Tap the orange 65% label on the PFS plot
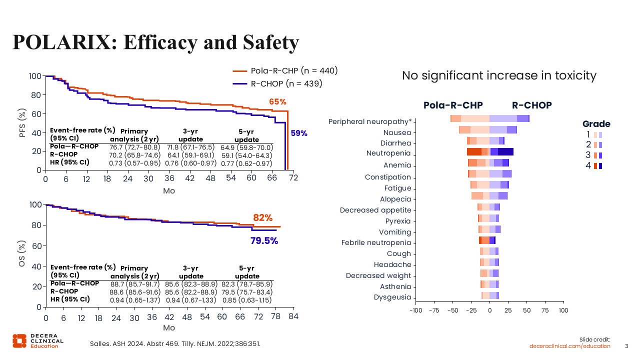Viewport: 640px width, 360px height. [277, 102]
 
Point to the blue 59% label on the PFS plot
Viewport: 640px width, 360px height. [299, 133]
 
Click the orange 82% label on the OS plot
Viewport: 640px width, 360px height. [262, 218]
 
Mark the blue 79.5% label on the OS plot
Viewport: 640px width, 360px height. [264, 241]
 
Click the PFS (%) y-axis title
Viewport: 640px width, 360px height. [22, 123]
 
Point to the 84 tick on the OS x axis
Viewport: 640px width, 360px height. [293, 317]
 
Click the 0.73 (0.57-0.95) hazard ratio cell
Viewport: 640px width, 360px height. [134, 163]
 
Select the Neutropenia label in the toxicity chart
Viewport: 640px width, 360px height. [388, 153]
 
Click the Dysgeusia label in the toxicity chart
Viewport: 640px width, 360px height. [392, 297]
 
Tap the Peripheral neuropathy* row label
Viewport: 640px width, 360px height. [369, 121]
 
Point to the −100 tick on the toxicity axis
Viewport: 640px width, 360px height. [415, 310]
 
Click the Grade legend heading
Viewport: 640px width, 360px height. [596, 124]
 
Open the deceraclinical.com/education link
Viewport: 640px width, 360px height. [570, 346]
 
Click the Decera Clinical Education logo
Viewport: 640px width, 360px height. [38, 340]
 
